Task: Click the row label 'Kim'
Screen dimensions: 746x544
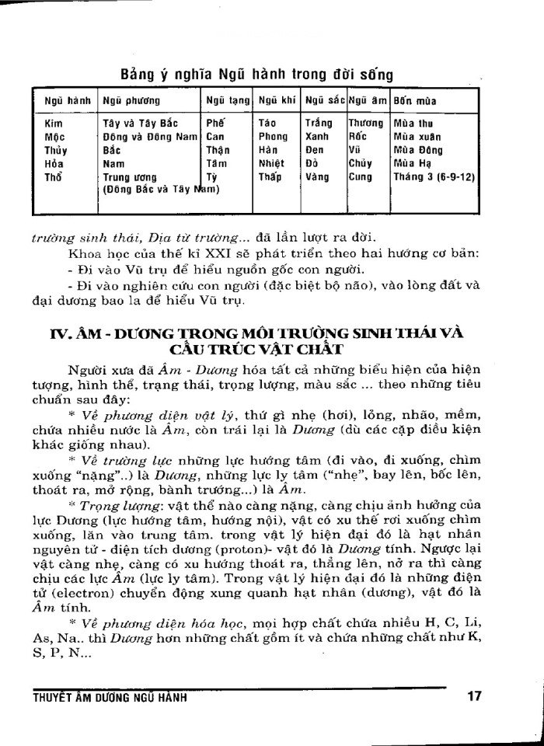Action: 54,123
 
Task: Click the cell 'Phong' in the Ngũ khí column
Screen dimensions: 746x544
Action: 273,136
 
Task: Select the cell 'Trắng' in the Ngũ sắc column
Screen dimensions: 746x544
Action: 319,123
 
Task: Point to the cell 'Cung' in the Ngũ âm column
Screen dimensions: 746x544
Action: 361,176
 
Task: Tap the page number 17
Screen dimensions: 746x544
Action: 475,696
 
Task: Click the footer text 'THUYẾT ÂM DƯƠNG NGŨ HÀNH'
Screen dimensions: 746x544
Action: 110,697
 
